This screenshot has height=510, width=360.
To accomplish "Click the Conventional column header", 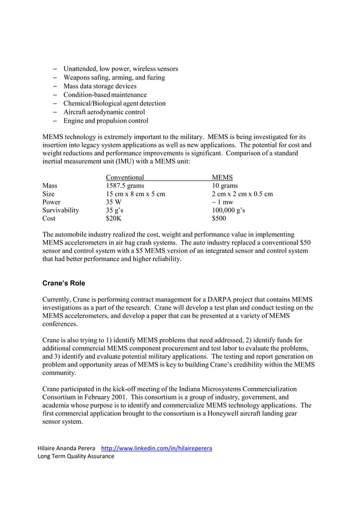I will tap(125, 177).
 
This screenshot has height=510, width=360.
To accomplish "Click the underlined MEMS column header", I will tap(222, 177).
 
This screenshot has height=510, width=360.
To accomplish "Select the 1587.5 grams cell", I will tap(125, 186).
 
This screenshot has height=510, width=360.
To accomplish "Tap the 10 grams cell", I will tap(225, 186).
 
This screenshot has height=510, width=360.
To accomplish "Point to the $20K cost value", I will tap(115, 219).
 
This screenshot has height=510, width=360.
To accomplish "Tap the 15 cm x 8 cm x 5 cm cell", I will tap(135, 194).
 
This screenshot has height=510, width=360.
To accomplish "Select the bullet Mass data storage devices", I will tap(100, 86).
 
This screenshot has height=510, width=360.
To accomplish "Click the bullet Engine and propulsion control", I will tap(106, 121).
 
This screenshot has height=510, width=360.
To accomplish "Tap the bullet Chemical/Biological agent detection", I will tap(114, 103).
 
